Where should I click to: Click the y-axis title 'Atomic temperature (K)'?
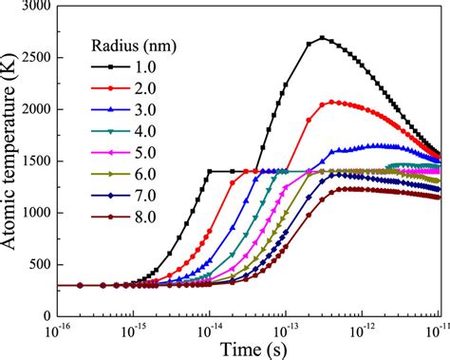13,157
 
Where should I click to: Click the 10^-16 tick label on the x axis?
56,329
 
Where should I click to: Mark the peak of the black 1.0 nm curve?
323,38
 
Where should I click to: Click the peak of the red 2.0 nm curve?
332,102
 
